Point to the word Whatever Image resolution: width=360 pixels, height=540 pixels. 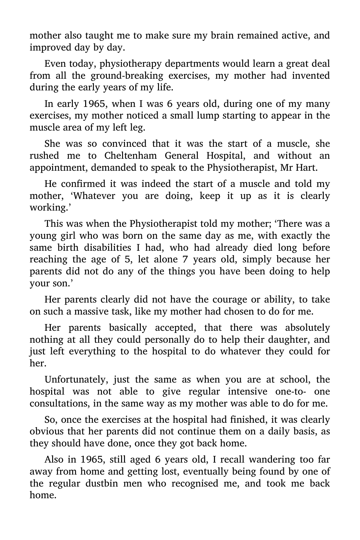click(93, 196)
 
